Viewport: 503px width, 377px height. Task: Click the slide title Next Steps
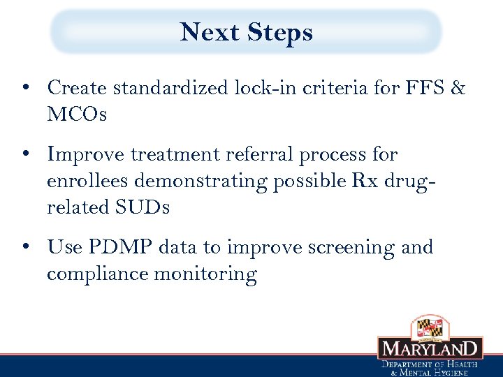tap(246, 32)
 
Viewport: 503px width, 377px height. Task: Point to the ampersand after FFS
tap(458, 88)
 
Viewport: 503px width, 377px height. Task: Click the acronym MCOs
tap(77, 114)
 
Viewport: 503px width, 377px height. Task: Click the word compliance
tap(98, 274)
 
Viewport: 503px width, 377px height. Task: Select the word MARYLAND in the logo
tap(430, 348)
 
